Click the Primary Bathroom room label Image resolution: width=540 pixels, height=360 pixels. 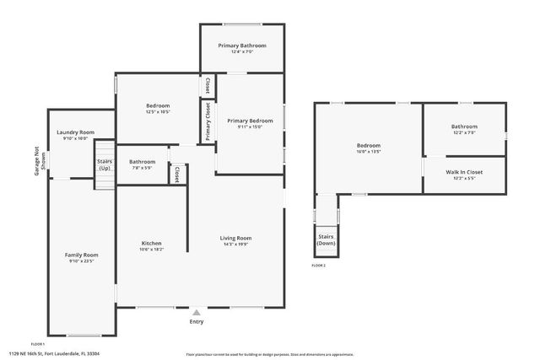coord(242,46)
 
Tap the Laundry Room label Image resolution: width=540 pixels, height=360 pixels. coord(75,132)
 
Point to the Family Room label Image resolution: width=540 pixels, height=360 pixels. coord(82,255)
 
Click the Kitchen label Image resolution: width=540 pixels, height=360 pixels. coord(151,244)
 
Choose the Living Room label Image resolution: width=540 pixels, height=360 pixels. coord(236,238)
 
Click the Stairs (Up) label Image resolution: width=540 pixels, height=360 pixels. coord(105,164)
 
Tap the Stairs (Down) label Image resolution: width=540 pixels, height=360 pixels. coord(327,239)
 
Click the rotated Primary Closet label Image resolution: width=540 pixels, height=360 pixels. coord(207,121)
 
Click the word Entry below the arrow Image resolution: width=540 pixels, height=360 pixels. coord(197,321)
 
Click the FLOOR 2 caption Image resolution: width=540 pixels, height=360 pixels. coord(318,266)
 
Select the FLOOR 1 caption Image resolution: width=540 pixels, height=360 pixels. coord(37,344)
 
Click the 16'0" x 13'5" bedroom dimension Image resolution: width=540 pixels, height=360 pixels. coord(368,153)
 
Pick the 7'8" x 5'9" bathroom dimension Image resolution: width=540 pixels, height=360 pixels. coord(142,169)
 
